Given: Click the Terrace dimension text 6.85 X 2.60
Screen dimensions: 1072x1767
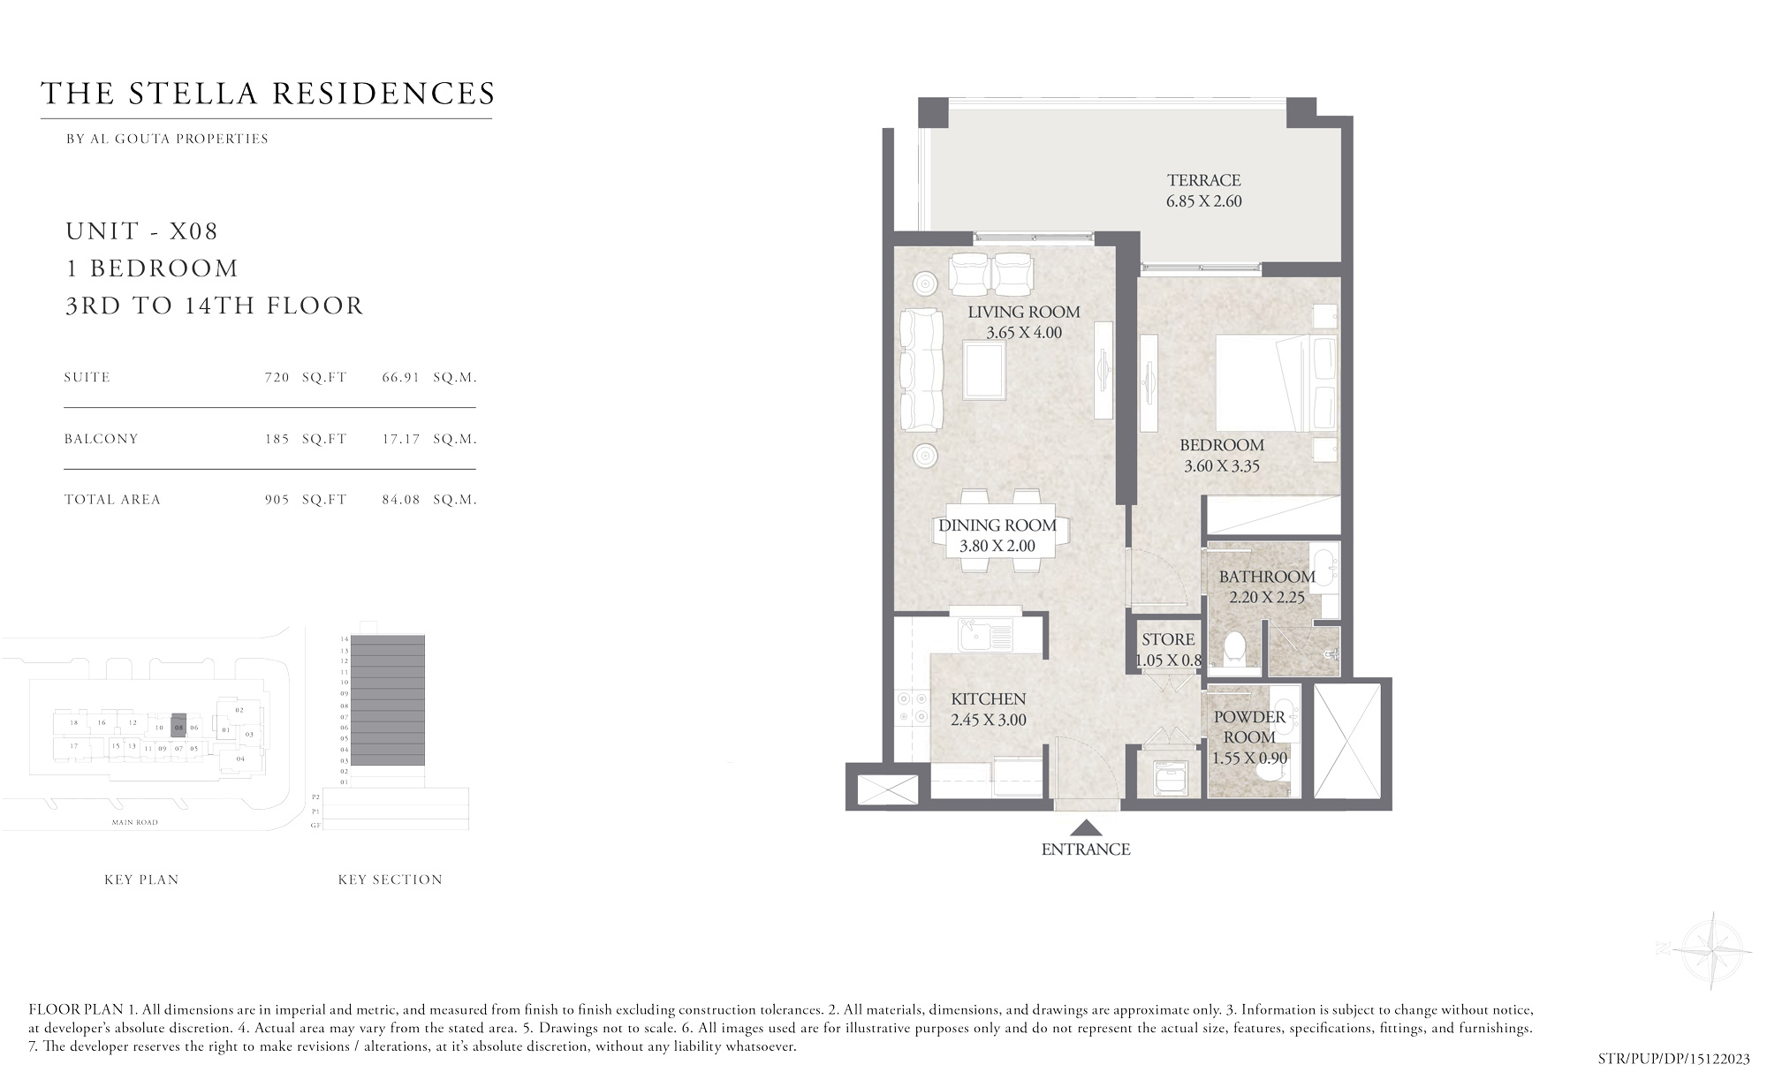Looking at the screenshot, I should [x=1203, y=201].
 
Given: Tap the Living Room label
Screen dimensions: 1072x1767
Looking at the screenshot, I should [x=1023, y=312].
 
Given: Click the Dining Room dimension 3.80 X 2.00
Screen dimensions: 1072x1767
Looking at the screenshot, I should [x=997, y=546].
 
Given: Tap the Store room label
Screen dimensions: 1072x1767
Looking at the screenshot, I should [x=1168, y=639].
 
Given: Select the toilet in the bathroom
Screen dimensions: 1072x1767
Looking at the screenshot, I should [x=1239, y=649].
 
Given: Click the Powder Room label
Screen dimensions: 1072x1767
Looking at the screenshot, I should [x=1249, y=727].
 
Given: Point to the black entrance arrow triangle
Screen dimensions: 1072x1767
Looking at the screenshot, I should [x=1086, y=828].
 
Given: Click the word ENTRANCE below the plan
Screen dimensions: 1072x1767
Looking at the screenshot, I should [x=1086, y=849].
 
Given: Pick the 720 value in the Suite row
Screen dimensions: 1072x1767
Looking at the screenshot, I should [x=277, y=377].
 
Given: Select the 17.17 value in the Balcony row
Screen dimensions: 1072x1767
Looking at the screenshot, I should [x=400, y=439].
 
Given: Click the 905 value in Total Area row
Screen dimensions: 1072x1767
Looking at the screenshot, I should [x=277, y=500].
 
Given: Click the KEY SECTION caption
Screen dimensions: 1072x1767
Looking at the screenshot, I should [x=390, y=879].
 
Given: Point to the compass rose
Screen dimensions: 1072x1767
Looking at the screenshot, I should [x=1711, y=950].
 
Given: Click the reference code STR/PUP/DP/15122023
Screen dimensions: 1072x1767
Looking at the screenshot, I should [x=1673, y=1058].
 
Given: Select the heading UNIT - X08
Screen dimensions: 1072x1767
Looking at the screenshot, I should [x=141, y=231].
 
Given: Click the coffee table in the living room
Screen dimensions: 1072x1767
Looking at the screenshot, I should [x=984, y=372].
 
